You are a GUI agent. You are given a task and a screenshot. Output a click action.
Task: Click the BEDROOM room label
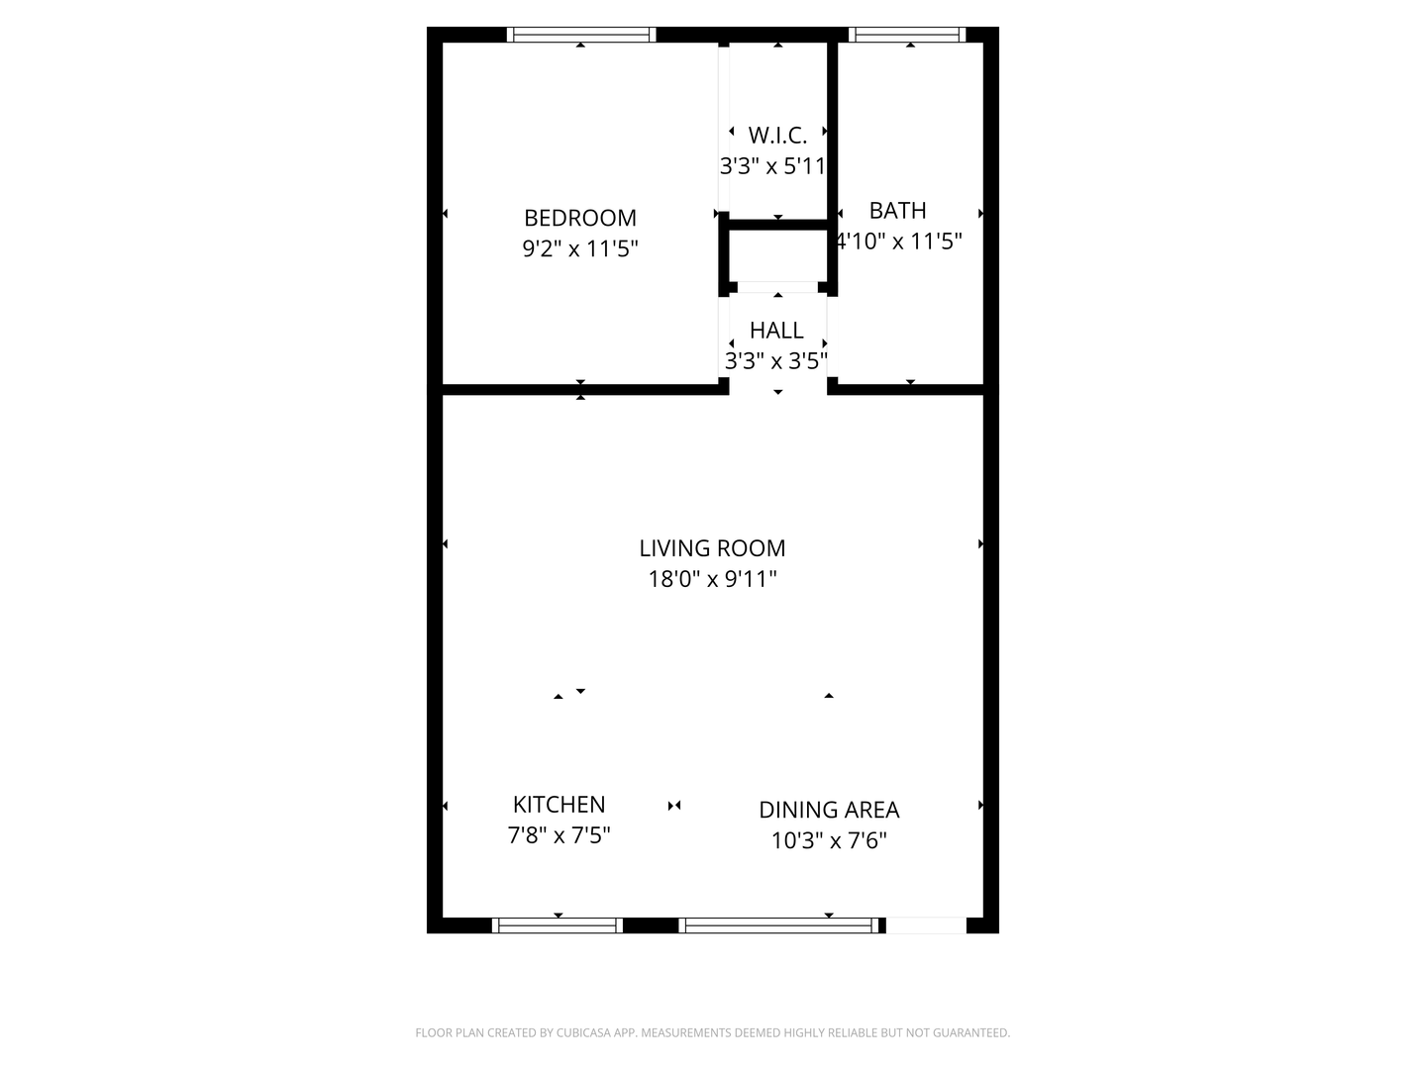point(580,218)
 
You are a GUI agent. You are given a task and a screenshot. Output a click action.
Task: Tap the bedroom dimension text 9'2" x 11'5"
point(580,248)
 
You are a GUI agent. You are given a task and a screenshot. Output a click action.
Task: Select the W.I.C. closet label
point(777,135)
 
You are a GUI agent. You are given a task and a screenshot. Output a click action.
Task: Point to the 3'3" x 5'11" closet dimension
point(773,165)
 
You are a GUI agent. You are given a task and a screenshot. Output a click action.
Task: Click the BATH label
point(898,210)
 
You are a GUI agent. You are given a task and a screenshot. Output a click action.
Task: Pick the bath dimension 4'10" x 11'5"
point(899,241)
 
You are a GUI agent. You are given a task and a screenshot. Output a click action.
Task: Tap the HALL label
point(776,330)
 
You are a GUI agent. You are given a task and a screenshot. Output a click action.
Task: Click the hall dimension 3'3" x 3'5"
point(776,360)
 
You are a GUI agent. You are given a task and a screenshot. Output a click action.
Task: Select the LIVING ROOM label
point(712,548)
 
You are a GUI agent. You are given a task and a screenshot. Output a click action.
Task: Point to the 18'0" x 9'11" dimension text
point(712,579)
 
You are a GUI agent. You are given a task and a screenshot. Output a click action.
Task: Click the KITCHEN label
point(560,805)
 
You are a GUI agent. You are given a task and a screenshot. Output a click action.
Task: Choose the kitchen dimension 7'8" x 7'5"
point(560,835)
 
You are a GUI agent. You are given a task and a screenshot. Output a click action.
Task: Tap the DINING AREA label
point(829,810)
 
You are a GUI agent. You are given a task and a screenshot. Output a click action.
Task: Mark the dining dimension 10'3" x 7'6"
point(829,840)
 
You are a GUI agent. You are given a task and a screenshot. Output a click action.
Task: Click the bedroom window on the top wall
point(581,35)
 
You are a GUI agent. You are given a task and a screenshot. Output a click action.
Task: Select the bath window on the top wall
point(909,35)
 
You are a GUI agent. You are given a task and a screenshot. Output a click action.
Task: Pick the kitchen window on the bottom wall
point(558,925)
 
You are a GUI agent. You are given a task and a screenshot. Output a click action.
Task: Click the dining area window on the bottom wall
point(779,925)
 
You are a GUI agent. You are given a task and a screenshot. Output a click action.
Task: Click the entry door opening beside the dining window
point(926,925)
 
